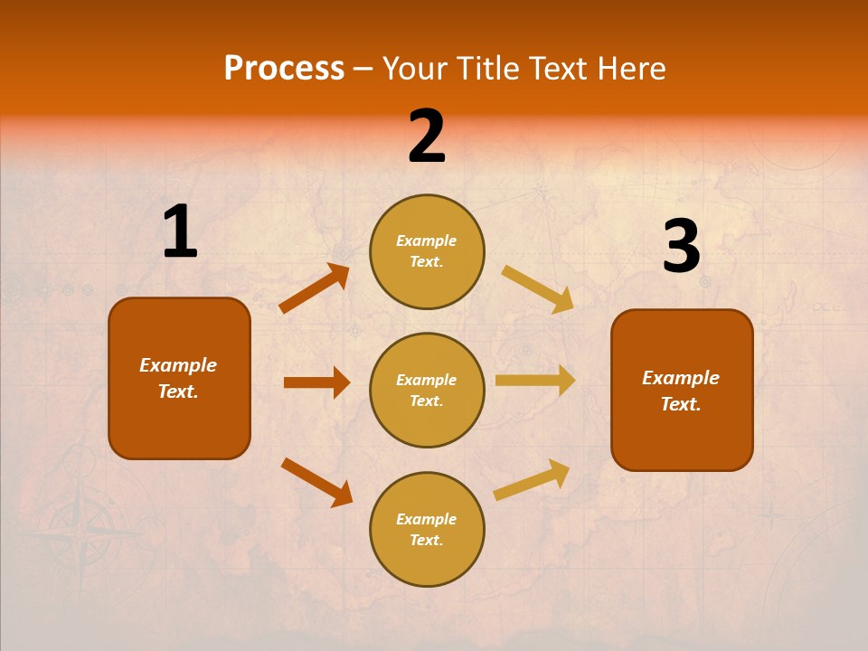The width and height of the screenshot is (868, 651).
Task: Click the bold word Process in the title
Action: pyautogui.click(x=284, y=69)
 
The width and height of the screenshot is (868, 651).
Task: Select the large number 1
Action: pyautogui.click(x=179, y=232)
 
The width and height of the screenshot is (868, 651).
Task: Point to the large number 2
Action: pyautogui.click(x=427, y=137)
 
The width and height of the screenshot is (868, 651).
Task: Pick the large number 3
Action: pyautogui.click(x=681, y=247)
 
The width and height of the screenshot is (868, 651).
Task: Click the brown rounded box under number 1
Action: pyautogui.click(x=179, y=378)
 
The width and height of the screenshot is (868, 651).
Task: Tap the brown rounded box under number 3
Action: pyautogui.click(x=682, y=391)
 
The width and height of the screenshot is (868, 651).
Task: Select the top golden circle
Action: pyautogui.click(x=427, y=251)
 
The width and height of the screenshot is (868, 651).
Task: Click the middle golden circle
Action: pyautogui.click(x=427, y=390)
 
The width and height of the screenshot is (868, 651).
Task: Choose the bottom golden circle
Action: pyautogui.click(x=427, y=529)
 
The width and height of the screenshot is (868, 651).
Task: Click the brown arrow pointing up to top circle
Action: pyautogui.click(x=315, y=288)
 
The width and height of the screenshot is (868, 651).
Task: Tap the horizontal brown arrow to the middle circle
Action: pyautogui.click(x=316, y=382)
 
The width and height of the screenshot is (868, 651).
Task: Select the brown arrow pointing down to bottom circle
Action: pyautogui.click(x=316, y=482)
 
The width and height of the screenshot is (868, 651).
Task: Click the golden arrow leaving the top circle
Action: pyautogui.click(x=537, y=288)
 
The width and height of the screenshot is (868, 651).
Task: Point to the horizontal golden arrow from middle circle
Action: pyautogui.click(x=535, y=381)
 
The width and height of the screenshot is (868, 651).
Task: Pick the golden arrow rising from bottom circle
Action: pyautogui.click(x=532, y=479)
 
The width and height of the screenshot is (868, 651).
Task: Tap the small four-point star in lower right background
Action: pyautogui.click(x=770, y=515)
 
